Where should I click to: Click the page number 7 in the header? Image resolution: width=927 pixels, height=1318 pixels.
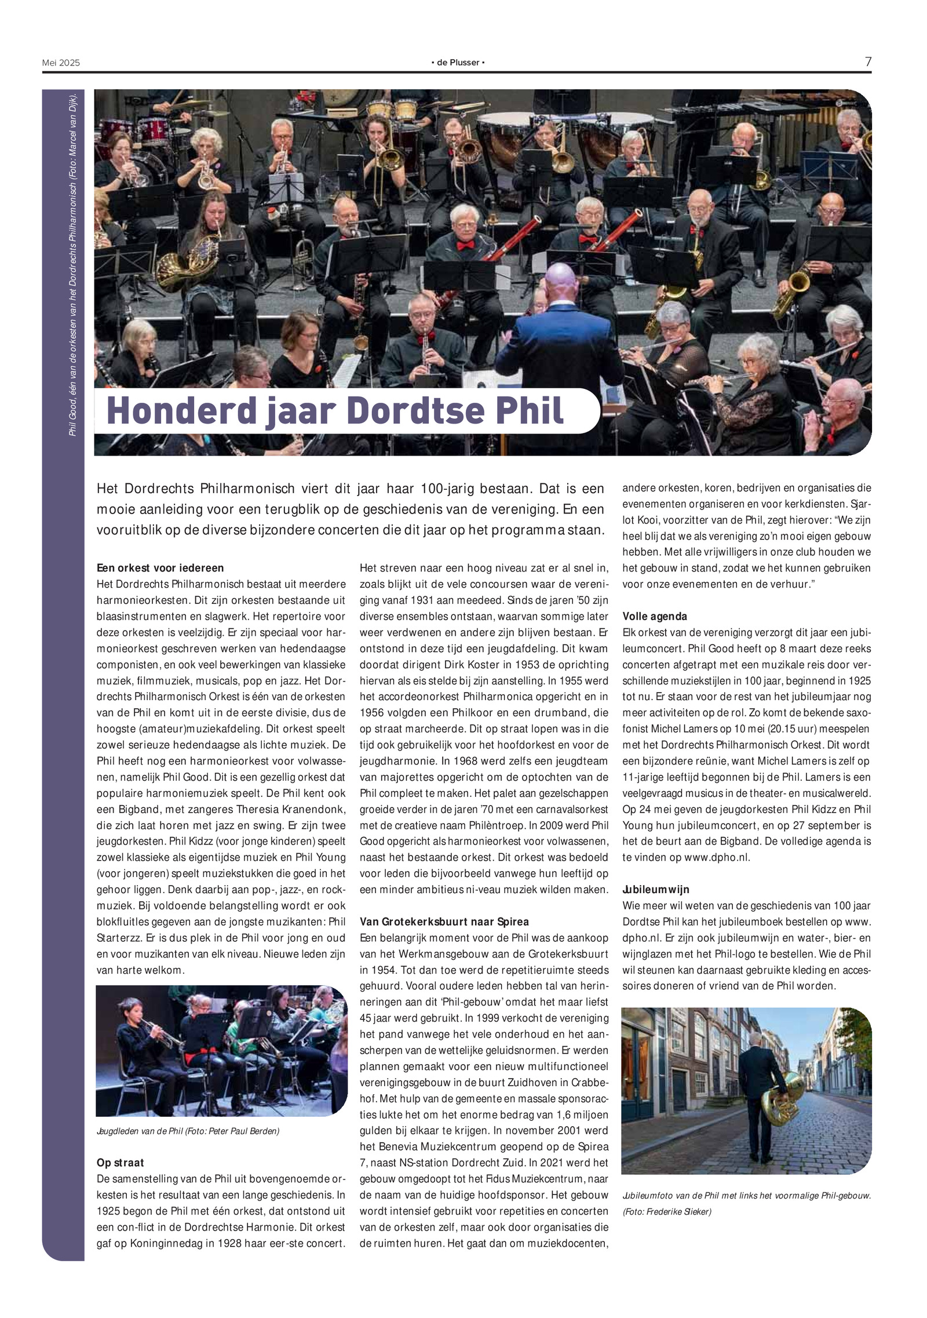click(x=868, y=61)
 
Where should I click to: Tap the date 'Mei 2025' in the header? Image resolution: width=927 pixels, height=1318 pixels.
click(x=61, y=63)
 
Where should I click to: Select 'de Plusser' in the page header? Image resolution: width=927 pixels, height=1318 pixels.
click(x=458, y=63)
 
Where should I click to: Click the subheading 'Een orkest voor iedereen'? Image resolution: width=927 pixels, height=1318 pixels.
click(x=160, y=568)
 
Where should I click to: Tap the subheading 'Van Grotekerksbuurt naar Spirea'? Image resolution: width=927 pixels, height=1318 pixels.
click(x=444, y=922)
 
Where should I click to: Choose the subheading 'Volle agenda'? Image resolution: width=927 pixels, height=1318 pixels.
click(x=655, y=616)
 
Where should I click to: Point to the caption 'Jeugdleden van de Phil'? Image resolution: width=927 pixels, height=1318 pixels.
click(x=140, y=1131)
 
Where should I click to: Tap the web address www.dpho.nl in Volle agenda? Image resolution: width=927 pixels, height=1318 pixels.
click(x=716, y=857)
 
